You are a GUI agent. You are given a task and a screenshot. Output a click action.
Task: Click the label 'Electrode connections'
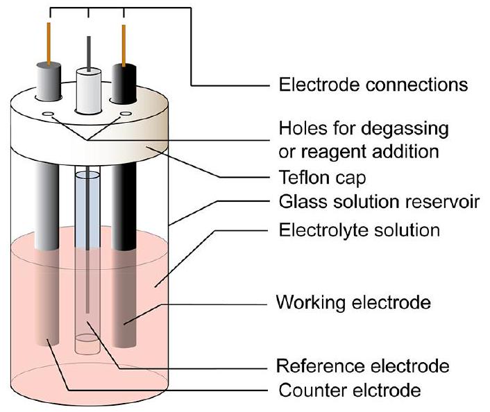[373, 85]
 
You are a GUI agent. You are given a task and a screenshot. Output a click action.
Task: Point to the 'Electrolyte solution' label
[359, 229]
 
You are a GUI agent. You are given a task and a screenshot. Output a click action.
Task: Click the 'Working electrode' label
[354, 302]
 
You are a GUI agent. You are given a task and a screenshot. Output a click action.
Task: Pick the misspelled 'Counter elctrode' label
[349, 390]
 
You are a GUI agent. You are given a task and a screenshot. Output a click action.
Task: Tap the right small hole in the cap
[126, 113]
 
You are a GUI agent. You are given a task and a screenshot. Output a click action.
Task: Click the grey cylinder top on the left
[49, 81]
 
